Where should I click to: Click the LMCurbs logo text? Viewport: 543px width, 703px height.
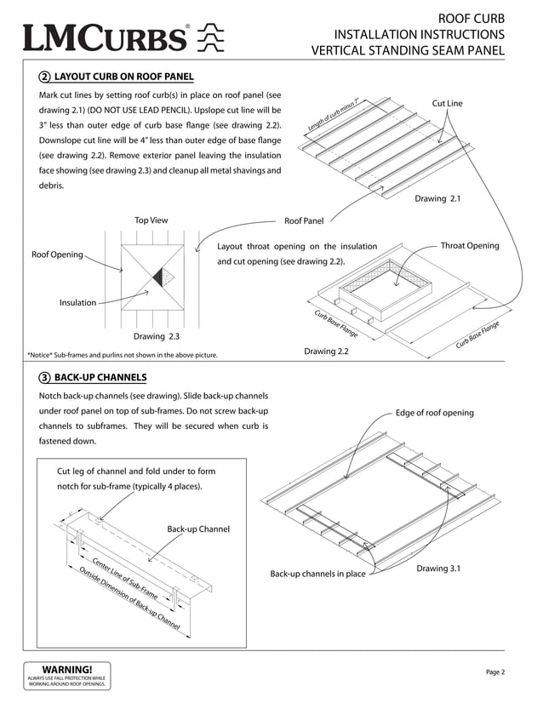point(107,38)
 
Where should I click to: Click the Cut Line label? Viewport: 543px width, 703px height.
point(447,103)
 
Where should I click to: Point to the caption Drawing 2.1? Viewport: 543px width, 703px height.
point(437,198)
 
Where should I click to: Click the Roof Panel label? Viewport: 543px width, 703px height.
point(304,221)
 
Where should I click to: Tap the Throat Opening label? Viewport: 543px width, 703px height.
point(469,246)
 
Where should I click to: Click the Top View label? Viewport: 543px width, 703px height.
point(151,220)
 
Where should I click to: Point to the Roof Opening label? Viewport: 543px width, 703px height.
point(58,254)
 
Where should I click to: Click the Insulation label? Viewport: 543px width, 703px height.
point(77,302)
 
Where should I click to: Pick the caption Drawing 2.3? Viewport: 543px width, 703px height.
point(151,335)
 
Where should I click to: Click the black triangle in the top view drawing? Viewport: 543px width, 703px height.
point(157,277)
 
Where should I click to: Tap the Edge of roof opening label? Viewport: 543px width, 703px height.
point(434,413)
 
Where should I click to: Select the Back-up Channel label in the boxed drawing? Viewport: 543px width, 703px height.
point(198,529)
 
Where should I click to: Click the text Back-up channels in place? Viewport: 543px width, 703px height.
point(317,574)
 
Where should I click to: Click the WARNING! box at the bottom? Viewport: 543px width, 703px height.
point(67,674)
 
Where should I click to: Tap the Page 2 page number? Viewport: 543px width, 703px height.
point(495,672)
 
